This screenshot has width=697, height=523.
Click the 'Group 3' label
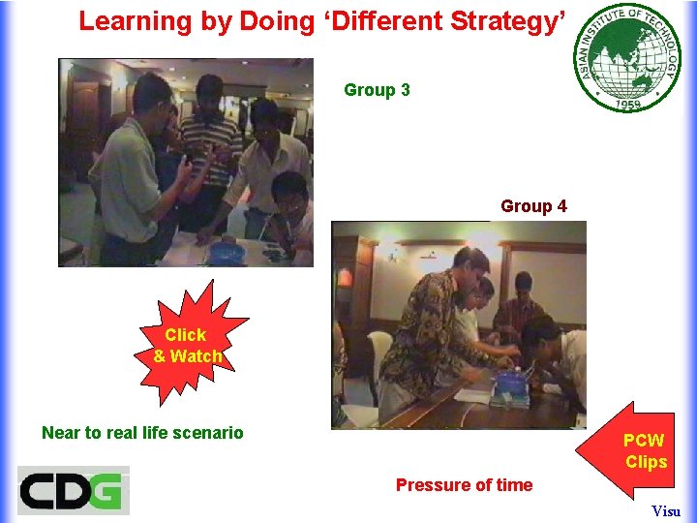tap(377, 90)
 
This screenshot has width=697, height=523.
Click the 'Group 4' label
tap(533, 206)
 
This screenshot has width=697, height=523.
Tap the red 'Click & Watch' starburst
tap(188, 345)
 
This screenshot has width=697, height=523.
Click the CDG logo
tap(73, 490)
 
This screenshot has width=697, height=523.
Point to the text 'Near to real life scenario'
tap(142, 433)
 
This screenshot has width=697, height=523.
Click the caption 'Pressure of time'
tap(464, 485)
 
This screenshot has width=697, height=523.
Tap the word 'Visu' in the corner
tap(666, 510)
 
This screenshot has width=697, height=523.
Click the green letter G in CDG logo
tap(106, 490)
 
